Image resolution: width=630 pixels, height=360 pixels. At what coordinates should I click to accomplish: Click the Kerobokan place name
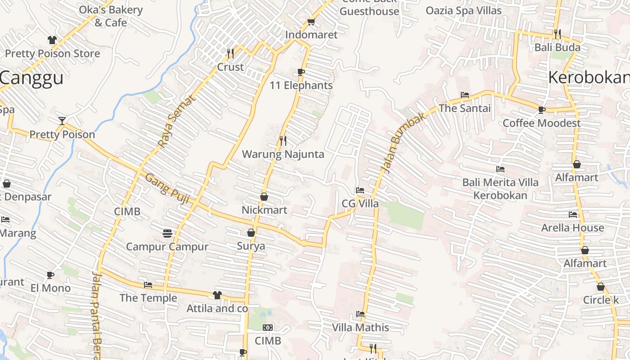[589, 78]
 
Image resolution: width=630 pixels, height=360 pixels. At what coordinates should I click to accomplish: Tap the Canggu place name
[31, 78]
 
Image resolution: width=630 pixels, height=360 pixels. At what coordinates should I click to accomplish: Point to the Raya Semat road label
[177, 121]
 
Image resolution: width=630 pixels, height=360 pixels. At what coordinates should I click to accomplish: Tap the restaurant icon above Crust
[230, 54]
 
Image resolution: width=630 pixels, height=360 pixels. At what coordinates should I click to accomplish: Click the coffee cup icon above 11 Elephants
[301, 72]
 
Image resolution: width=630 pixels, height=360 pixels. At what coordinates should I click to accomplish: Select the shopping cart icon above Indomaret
[311, 22]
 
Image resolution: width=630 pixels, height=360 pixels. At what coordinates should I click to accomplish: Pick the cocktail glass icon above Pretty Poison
[62, 121]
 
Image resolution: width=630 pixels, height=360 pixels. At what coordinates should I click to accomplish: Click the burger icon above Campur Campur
[167, 233]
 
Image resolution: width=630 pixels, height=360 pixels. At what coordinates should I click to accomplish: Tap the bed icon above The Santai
[465, 95]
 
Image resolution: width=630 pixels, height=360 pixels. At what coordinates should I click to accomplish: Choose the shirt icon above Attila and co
[217, 295]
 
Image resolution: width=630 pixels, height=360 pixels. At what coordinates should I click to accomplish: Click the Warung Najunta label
[283, 154]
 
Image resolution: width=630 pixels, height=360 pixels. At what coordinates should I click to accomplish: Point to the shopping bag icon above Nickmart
[264, 197]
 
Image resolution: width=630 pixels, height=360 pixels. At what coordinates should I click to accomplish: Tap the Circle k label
[601, 300]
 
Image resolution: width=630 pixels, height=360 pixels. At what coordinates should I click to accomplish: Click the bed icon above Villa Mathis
[360, 314]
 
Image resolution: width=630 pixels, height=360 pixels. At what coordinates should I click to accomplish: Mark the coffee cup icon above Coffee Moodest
[542, 110]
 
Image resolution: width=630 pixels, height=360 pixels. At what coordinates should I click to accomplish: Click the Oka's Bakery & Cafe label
[111, 16]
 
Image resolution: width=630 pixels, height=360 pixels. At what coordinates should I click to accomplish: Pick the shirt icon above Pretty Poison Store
[52, 40]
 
